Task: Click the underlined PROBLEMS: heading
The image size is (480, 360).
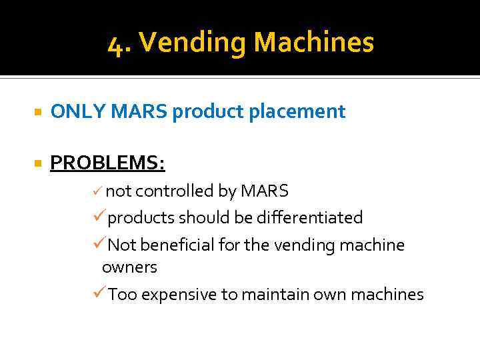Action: click(107, 163)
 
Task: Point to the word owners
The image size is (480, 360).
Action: click(129, 267)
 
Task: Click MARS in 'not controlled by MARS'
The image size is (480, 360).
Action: click(264, 191)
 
